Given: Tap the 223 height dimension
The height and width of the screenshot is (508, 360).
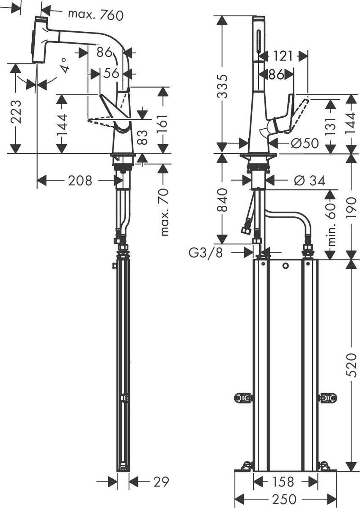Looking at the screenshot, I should coord(16,111).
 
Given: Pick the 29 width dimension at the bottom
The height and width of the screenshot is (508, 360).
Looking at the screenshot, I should coord(160,481).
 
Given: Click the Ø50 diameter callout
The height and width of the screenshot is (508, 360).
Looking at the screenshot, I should coord(305,144).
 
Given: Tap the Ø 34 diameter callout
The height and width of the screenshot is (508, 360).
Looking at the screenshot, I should coord(309,181).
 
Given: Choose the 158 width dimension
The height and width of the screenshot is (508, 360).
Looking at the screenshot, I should coord(282,481).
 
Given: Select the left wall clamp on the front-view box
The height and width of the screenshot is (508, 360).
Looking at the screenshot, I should coord(243,398).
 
